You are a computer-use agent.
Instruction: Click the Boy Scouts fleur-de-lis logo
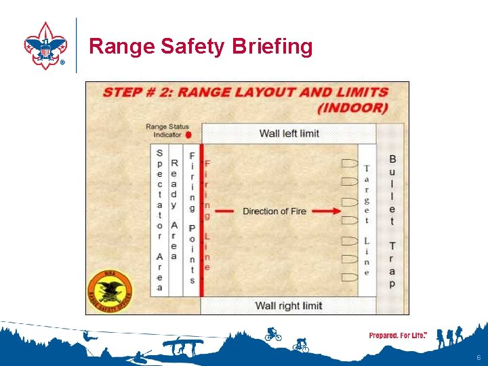point(45,46)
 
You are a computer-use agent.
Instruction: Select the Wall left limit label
point(289,134)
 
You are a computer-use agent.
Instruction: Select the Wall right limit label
point(288,306)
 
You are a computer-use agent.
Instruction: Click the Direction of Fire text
point(274,211)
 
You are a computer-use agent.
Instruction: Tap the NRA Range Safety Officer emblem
point(110,288)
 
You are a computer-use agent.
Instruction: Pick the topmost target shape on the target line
point(349,163)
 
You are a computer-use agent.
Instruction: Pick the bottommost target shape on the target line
point(349,277)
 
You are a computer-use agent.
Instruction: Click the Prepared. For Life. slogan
point(397,335)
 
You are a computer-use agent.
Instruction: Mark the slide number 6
point(479,357)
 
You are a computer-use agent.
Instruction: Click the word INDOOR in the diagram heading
point(352,108)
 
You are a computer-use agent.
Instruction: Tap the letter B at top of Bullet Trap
point(392,159)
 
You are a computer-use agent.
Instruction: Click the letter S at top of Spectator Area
point(160,152)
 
